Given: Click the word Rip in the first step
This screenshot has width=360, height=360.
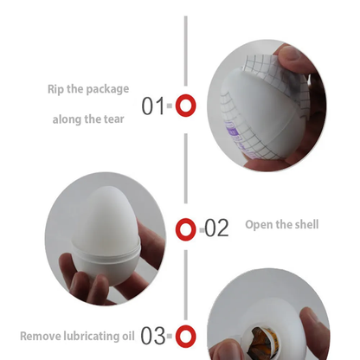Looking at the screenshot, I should tap(56, 88).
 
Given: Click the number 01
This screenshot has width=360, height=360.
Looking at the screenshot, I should tap(153, 106).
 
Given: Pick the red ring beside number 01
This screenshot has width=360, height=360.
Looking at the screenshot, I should tap(185, 106).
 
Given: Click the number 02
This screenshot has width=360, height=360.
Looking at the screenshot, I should tap(216, 228).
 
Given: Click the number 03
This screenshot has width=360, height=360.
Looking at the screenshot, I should tap(153, 335).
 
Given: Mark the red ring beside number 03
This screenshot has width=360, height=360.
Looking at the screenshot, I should tap(185, 336).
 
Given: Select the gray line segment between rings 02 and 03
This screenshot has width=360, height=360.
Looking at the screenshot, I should tap(185, 282).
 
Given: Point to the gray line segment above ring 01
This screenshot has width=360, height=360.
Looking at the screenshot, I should tap(185, 52).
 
